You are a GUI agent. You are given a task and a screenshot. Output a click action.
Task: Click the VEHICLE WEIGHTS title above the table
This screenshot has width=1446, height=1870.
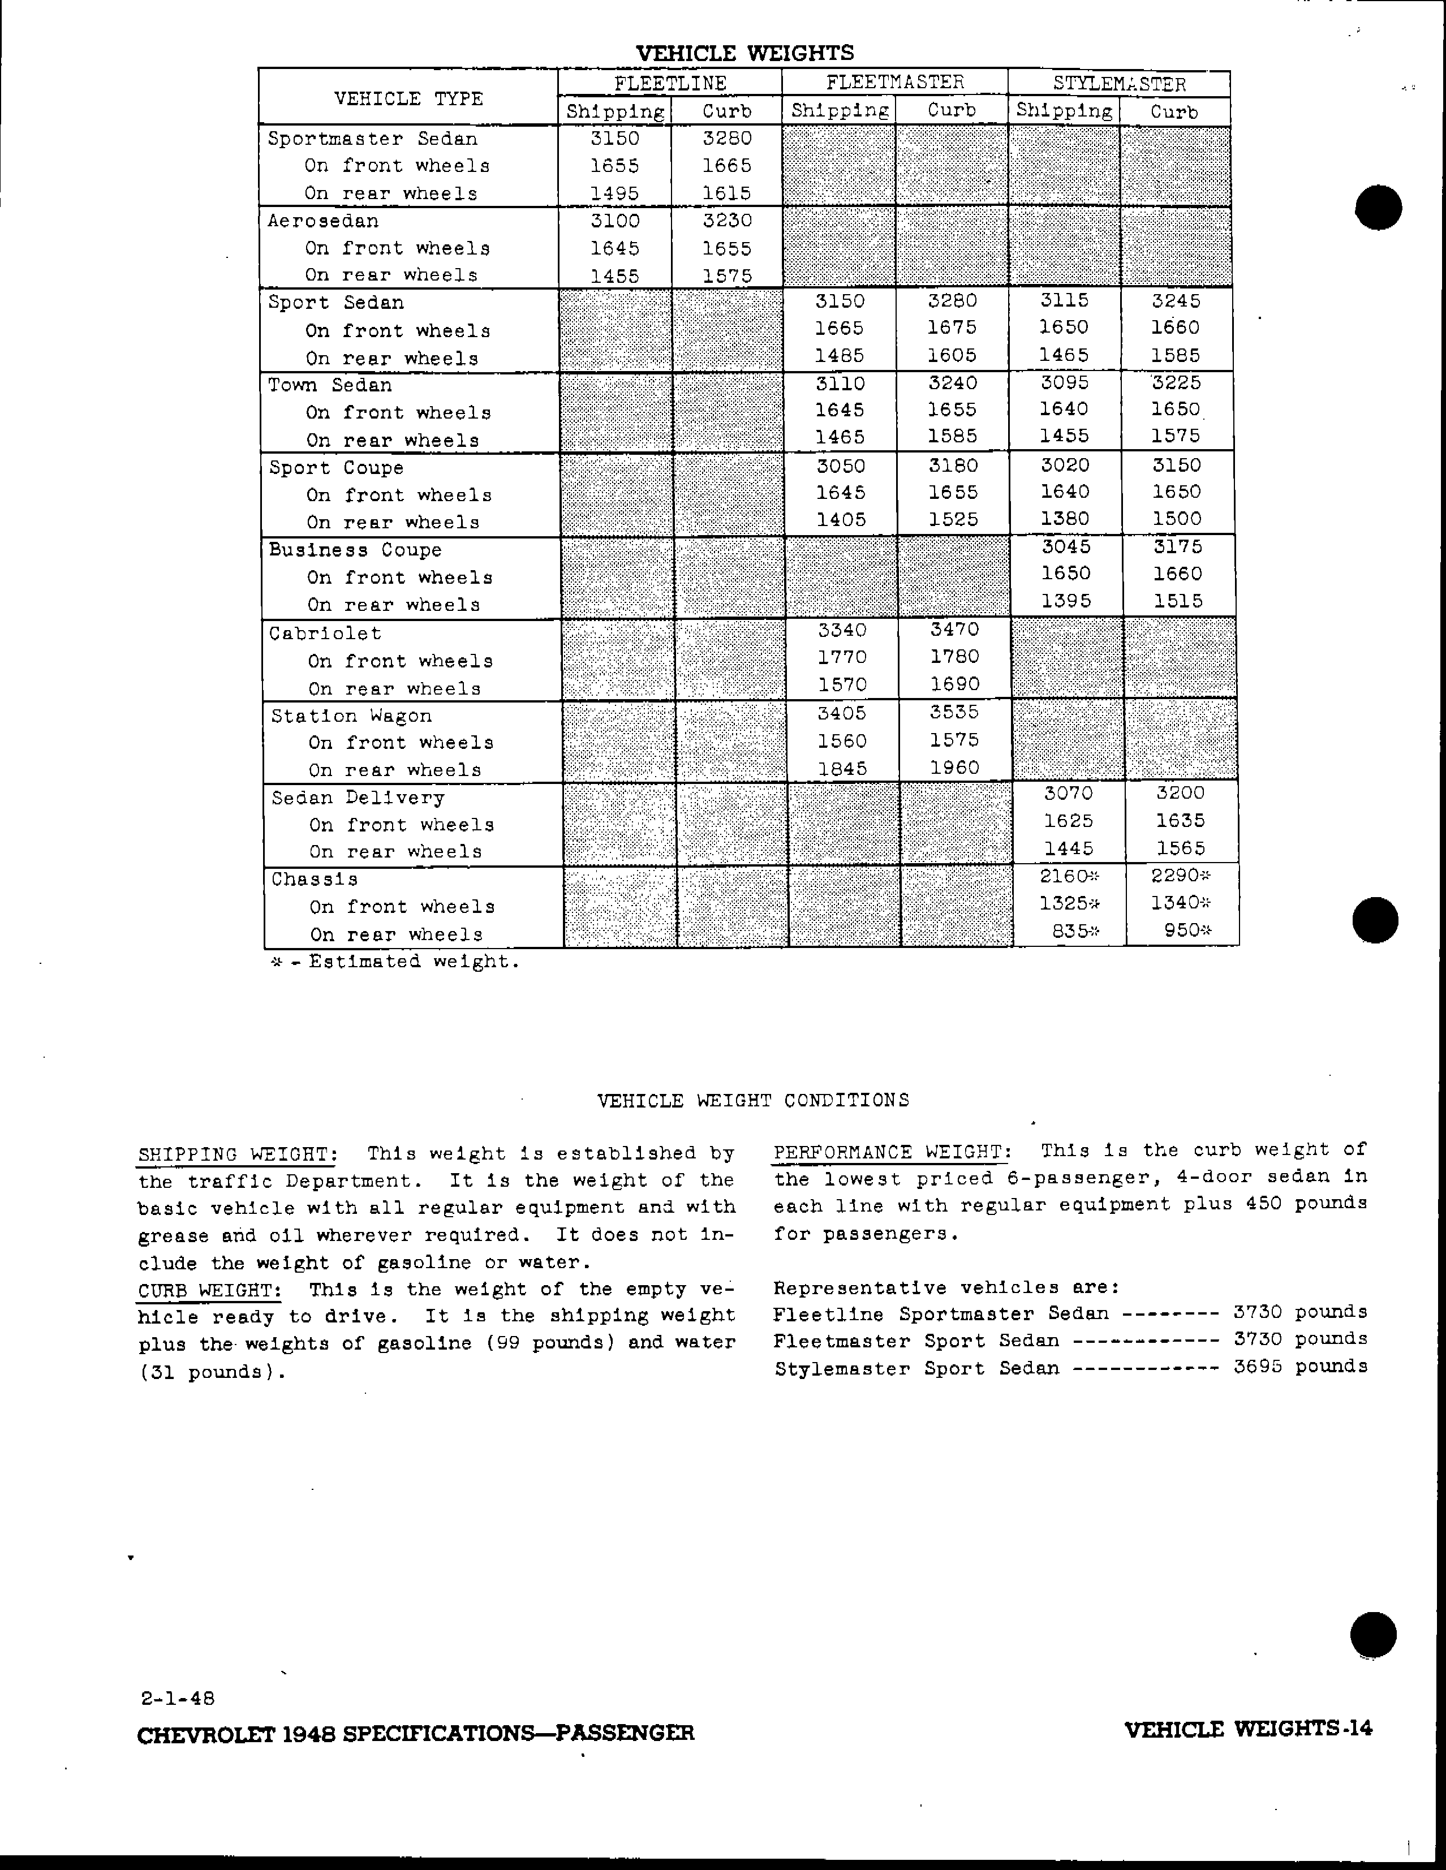coord(745,53)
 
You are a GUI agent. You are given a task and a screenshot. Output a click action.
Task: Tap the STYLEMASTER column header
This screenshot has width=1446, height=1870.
coord(1119,84)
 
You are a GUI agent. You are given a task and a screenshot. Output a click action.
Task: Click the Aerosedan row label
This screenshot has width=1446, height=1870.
coord(323,221)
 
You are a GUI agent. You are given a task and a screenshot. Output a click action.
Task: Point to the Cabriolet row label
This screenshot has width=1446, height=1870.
coord(325,634)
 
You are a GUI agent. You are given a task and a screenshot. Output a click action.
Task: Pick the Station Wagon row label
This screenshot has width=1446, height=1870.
coord(351,716)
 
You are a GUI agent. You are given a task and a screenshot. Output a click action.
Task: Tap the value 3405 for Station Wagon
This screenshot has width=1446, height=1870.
coord(842,713)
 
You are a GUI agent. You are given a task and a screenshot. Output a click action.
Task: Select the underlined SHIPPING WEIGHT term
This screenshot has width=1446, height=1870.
coord(237,1154)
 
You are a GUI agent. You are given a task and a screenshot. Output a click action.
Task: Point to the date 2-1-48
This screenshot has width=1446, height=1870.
coord(178,1698)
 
